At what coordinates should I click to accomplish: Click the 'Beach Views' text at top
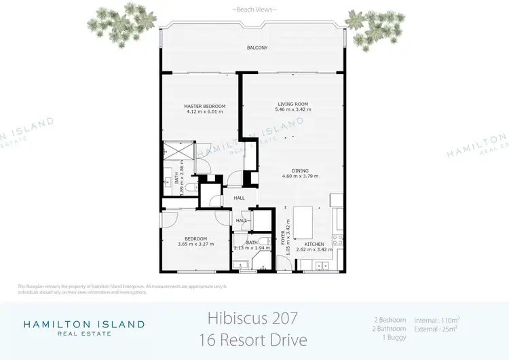[x=254, y=10]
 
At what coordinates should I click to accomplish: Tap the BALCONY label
[x=257, y=48]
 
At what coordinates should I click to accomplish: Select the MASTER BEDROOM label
[x=204, y=107]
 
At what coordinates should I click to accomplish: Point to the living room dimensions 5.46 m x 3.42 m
[x=293, y=109]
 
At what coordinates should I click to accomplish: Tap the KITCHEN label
[x=314, y=244]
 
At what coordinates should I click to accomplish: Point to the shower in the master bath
[x=177, y=150]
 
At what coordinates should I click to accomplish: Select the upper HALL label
[x=239, y=198]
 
